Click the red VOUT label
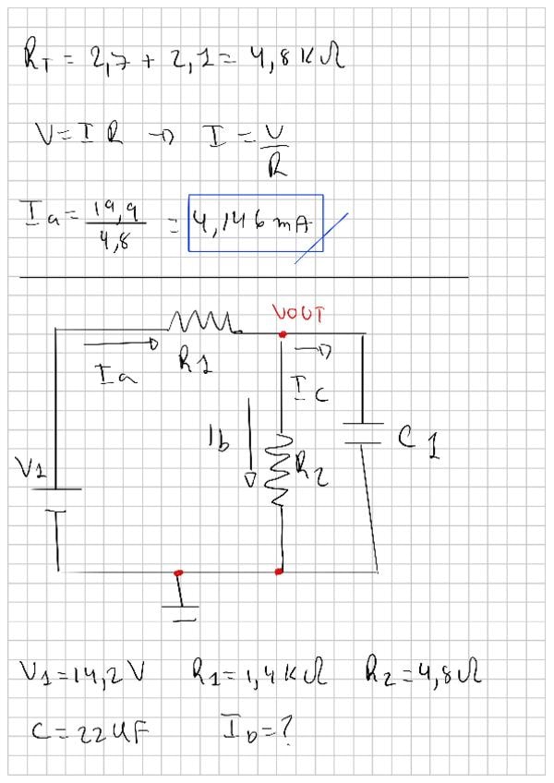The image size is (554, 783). pyautogui.click(x=298, y=314)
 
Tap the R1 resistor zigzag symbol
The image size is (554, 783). pyautogui.click(x=203, y=322)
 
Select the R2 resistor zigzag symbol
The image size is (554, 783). pyautogui.click(x=282, y=467)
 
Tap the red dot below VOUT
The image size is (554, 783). pyautogui.click(x=282, y=333)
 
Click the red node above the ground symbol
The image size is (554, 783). pyautogui.click(x=177, y=572)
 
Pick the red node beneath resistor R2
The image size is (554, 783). pyautogui.click(x=279, y=572)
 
